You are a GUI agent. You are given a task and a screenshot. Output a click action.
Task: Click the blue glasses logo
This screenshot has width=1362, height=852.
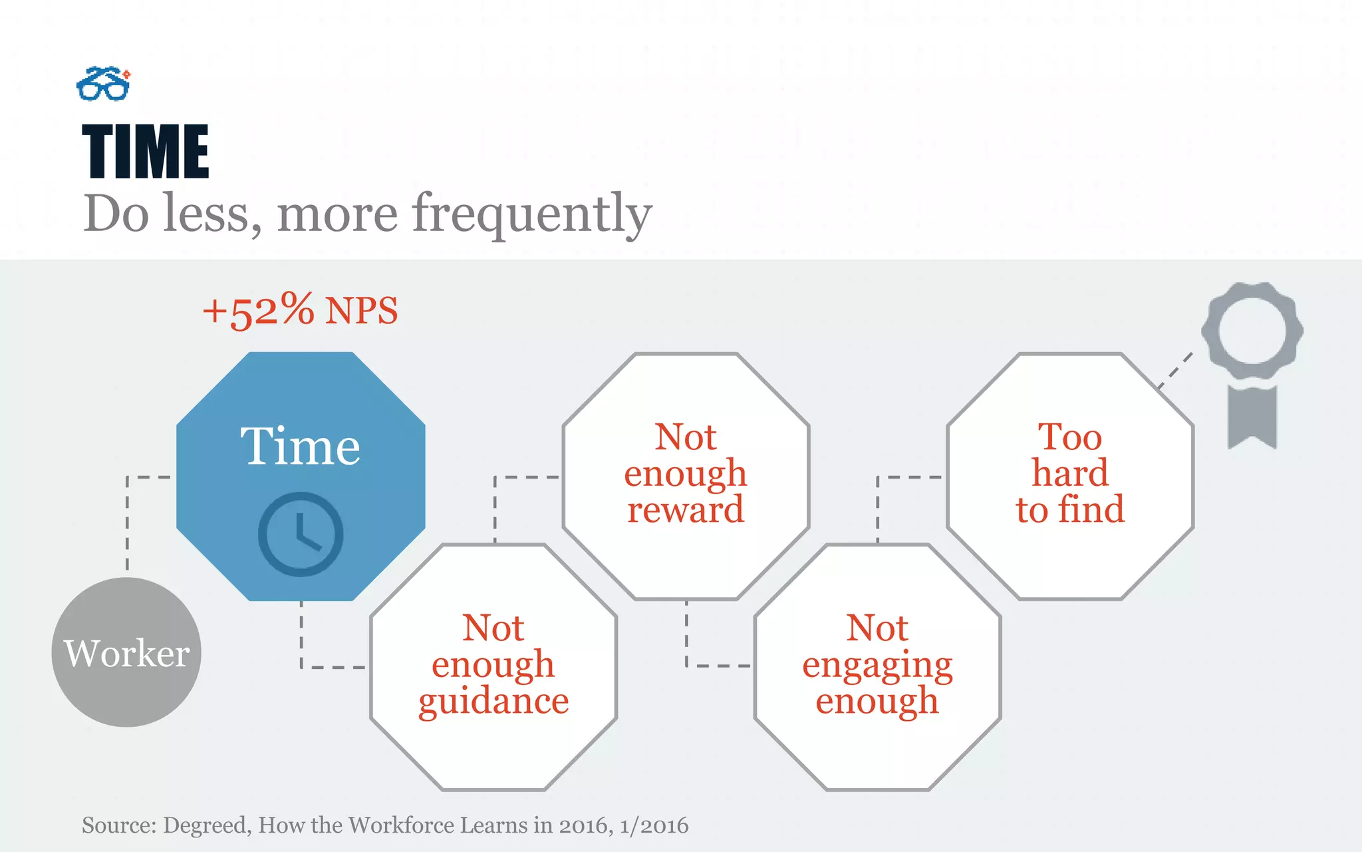(103, 84)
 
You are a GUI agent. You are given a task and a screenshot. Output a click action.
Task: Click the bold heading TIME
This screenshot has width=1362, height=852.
(145, 152)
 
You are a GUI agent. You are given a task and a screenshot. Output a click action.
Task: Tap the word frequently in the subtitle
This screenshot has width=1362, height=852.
(531, 214)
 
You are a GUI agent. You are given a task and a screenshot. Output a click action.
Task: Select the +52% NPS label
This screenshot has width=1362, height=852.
(300, 310)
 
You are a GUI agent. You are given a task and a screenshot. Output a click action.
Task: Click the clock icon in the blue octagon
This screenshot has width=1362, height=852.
(301, 534)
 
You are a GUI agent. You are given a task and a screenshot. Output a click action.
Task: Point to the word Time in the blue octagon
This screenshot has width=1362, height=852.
(300, 447)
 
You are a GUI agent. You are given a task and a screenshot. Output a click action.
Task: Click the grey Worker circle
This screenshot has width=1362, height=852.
(126, 652)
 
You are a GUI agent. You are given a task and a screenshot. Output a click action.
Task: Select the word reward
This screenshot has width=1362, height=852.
(686, 511)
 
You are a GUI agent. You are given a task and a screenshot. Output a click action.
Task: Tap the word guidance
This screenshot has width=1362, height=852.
(493, 702)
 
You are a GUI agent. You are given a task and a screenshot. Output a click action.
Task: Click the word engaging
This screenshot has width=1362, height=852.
(877, 666)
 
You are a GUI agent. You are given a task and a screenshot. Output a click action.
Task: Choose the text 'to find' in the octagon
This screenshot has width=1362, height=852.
(1069, 511)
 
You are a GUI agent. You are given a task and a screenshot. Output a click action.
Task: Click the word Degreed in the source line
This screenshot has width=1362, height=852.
(207, 825)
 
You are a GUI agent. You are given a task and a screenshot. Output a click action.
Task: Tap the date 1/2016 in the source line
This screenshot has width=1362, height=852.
(654, 825)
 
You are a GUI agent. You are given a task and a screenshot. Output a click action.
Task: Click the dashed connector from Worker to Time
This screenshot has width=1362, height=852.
(128, 519)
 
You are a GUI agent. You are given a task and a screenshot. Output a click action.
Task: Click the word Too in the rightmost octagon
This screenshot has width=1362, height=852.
(1069, 438)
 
